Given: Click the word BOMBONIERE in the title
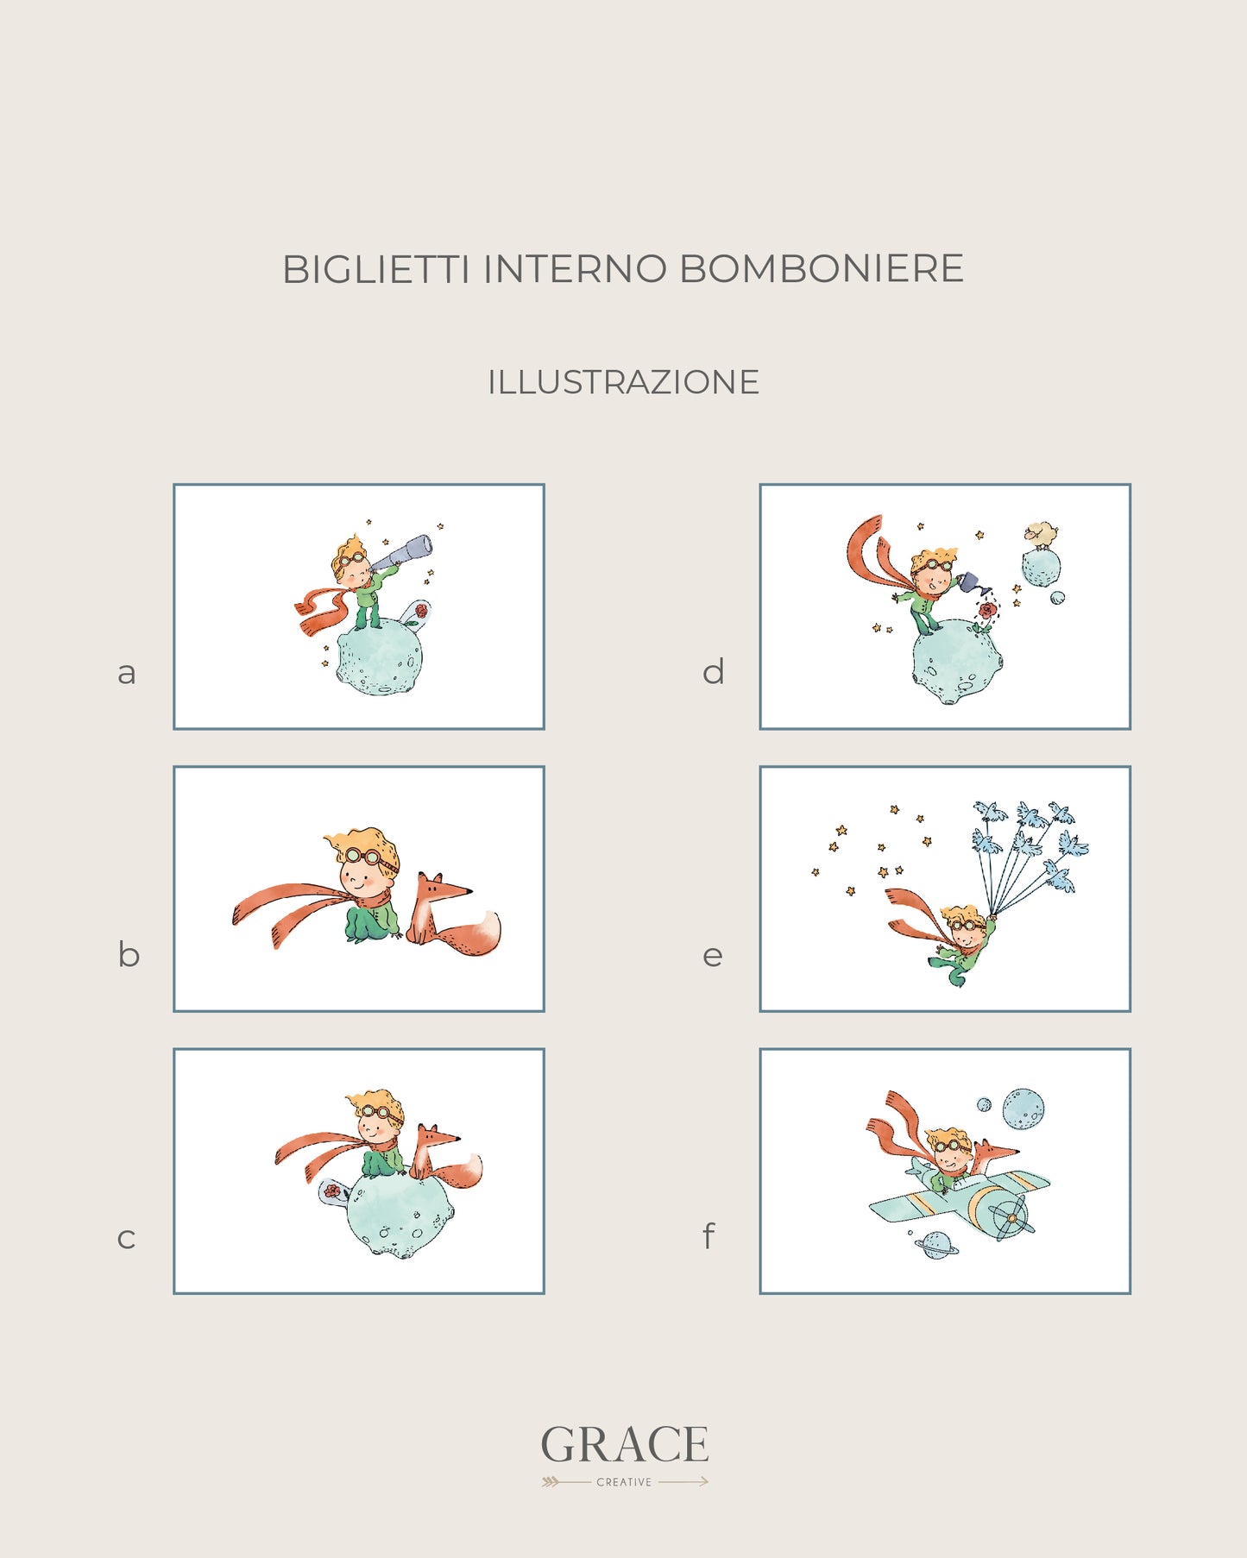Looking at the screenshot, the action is click(x=821, y=269).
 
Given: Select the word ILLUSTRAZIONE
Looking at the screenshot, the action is click(x=623, y=382).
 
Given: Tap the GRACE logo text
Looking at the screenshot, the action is click(x=625, y=1445).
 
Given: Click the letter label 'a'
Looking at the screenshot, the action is click(x=127, y=673).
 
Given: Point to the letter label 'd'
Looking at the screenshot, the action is click(x=713, y=670).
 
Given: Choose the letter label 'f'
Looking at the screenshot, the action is click(x=709, y=1235).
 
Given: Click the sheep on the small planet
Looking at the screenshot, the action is click(x=1042, y=534).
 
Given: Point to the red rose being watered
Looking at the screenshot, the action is click(x=987, y=611).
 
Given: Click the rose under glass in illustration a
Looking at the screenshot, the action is click(x=420, y=612).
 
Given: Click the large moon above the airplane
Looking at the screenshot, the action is click(x=1023, y=1108).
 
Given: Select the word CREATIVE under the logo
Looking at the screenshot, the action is click(x=624, y=1482).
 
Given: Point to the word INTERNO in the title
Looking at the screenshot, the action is click(x=575, y=269).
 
